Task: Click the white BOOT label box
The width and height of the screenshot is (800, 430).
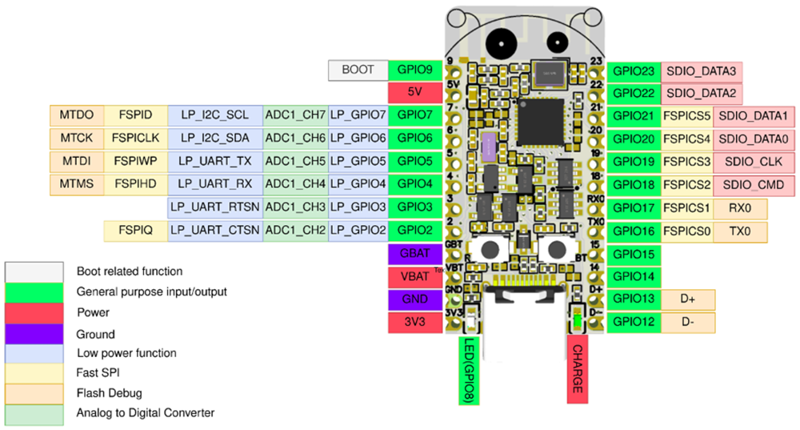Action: pos(358,70)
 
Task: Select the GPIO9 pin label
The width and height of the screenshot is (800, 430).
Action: pos(414,70)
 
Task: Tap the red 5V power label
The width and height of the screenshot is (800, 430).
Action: pos(414,92)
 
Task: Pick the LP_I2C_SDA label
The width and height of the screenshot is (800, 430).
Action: pos(215,139)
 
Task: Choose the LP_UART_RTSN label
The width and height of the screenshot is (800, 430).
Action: pos(215,207)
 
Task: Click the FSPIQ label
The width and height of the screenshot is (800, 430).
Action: pos(135,231)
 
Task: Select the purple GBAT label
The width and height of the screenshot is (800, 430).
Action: pos(414,254)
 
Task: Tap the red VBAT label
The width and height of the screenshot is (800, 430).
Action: pos(414,277)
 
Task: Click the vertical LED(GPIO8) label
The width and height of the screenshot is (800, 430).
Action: pos(470,369)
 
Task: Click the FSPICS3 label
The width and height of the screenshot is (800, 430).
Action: pos(686,162)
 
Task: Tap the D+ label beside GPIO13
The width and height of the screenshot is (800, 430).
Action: pos(688,299)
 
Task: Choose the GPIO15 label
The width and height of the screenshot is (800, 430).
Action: pos(634,255)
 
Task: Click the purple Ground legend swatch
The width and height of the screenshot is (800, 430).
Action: pos(34,333)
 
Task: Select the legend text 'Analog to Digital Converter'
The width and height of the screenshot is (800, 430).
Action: pos(146,413)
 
